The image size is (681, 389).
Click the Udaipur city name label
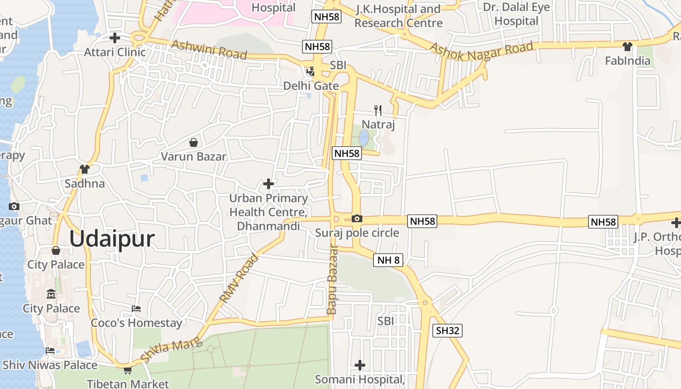112,239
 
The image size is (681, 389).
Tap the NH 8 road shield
389,260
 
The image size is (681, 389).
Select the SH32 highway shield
447,331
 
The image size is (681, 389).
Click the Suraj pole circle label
357,233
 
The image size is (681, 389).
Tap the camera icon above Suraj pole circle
357,219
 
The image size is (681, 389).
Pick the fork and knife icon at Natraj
378,110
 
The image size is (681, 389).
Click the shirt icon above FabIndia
627,47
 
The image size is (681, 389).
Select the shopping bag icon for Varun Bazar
194,142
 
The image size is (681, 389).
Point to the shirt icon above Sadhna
85,169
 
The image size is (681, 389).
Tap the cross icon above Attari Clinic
115,37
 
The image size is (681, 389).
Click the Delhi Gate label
311,86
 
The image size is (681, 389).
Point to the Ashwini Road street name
209,49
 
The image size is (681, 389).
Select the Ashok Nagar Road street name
482,51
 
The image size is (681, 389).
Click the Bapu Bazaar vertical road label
332,280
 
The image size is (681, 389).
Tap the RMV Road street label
239,278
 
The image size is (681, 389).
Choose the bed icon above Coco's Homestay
136,309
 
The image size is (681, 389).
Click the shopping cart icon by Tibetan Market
127,371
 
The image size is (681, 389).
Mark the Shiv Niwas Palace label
50,365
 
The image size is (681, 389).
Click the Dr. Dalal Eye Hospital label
516,14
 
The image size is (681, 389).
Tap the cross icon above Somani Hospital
360,365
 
